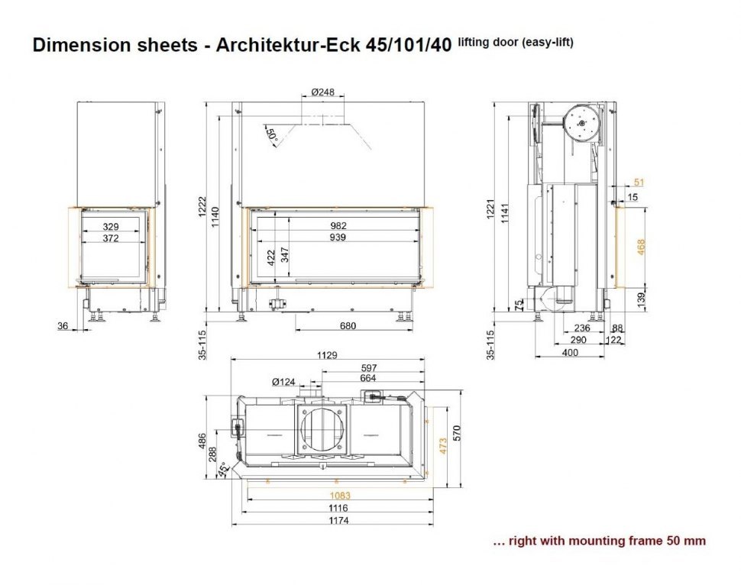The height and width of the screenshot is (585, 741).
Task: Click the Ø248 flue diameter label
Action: tap(323, 92)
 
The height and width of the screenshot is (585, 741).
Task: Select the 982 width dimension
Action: tap(338, 226)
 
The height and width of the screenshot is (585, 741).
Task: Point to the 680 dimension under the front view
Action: tap(348, 325)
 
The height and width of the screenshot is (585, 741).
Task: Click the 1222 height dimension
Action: tap(202, 207)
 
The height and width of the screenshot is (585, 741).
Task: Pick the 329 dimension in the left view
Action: tap(111, 227)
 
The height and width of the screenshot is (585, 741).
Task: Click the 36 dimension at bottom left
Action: tap(63, 325)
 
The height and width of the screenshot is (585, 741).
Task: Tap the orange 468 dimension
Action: tap(641, 247)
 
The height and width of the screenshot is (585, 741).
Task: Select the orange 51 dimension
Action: tap(639, 183)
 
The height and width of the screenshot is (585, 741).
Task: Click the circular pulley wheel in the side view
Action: tap(582, 123)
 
